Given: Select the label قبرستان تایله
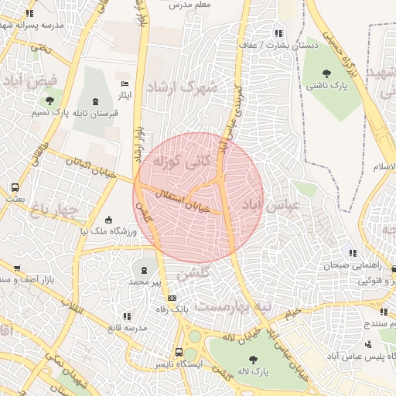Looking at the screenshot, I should coord(95,114).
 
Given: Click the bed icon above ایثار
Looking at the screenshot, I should coord(125,84).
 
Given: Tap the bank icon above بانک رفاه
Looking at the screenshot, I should coord(171,298).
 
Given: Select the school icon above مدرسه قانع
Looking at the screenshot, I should coord(127,316).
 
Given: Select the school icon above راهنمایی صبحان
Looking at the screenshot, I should coord(353,252).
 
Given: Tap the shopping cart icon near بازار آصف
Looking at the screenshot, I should coord(17,268).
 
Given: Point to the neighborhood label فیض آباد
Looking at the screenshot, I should coord(30,80).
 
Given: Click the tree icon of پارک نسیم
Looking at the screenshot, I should coord(50,101).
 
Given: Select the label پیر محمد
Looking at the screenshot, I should coord(145,283).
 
